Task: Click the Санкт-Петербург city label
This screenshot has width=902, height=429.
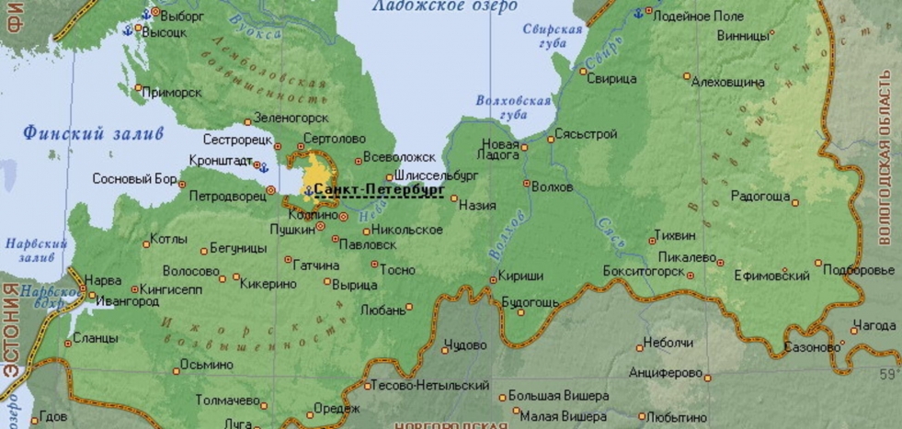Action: (x=379, y=189)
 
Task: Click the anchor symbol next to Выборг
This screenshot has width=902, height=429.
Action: (x=144, y=15)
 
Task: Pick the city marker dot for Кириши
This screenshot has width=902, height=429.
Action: (x=492, y=276)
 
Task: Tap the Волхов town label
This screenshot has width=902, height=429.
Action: (x=552, y=187)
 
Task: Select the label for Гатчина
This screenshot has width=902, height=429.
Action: (x=317, y=265)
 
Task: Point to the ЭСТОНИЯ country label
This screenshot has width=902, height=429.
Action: (x=10, y=331)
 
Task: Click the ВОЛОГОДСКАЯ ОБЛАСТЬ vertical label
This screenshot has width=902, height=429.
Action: (x=886, y=156)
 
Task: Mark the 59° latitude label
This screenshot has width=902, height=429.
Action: (x=889, y=374)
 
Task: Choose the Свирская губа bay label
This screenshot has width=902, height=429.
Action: (x=553, y=36)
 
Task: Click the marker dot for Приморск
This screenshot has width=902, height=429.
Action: (x=139, y=89)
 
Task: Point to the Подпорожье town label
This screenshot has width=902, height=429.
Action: (x=858, y=270)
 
